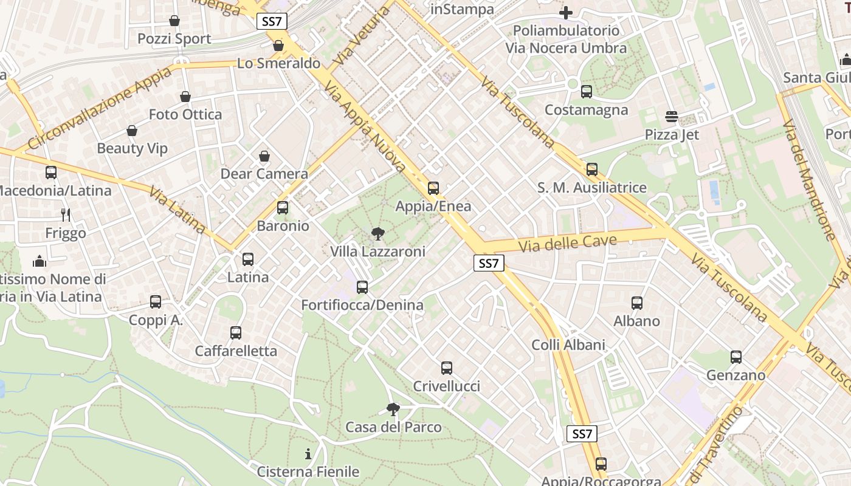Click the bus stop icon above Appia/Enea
pyautogui.click(x=433, y=188)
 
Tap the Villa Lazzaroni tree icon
pyautogui.click(x=377, y=234)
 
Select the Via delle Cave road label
pyautogui.click(x=568, y=243)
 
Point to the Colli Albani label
pyautogui.click(x=568, y=345)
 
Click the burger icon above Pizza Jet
pyautogui.click(x=672, y=117)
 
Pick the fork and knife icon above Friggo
pyautogui.click(x=66, y=215)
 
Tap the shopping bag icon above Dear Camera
pyautogui.click(x=264, y=157)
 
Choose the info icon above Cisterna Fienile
pyautogui.click(x=308, y=454)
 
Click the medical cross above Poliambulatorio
pyautogui.click(x=566, y=13)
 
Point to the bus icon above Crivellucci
pyautogui.click(x=447, y=368)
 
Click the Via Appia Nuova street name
pyautogui.click(x=365, y=128)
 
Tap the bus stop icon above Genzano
pyautogui.click(x=736, y=357)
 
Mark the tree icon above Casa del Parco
pyautogui.click(x=393, y=409)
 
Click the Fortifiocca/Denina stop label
pyautogui.click(x=362, y=305)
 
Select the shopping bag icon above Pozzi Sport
pyautogui.click(x=174, y=21)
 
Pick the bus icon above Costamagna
pyautogui.click(x=587, y=92)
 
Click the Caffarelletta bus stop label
pyautogui.click(x=236, y=351)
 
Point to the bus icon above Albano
pyautogui.click(x=637, y=303)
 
